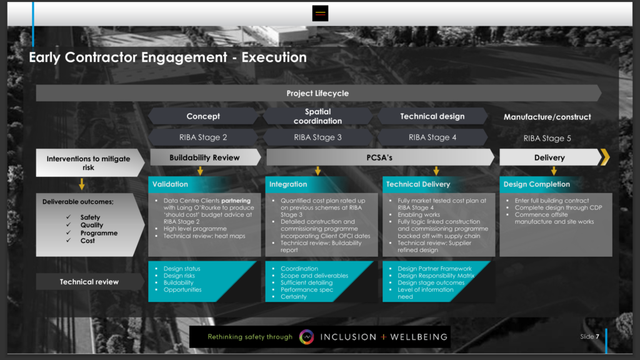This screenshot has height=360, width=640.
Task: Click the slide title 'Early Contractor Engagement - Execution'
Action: click(167, 57)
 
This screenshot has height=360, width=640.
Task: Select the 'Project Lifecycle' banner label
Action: click(317, 94)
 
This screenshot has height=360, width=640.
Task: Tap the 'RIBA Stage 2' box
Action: click(203, 137)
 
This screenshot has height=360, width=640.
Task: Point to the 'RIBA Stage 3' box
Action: click(317, 137)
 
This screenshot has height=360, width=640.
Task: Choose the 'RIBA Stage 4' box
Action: click(432, 137)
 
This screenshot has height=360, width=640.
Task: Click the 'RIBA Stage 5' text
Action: click(547, 138)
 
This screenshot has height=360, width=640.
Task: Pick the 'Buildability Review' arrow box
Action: click(205, 157)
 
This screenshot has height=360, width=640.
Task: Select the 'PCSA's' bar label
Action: click(379, 157)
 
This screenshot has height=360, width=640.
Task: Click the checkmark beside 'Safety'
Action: click(69, 217)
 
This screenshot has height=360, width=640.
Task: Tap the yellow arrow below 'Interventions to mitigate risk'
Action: click(82, 184)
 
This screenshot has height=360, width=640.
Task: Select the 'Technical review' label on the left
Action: click(89, 282)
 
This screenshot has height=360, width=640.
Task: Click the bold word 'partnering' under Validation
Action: click(236, 201)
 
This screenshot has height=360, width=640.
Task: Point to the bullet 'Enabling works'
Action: click(419, 215)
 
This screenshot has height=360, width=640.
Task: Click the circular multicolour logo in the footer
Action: click(306, 337)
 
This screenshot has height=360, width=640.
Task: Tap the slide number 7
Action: click(597, 337)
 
